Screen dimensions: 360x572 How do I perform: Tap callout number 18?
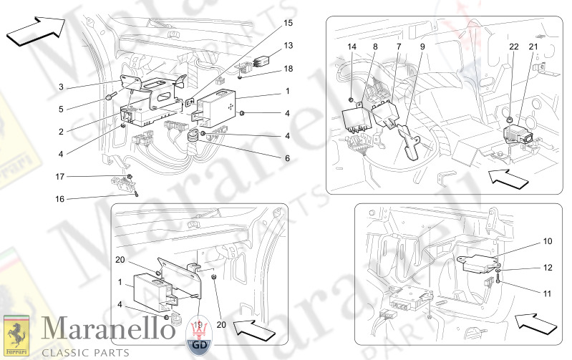pyautogui.click(x=62, y=87)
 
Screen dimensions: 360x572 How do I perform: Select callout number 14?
pyautogui.click(x=352, y=47)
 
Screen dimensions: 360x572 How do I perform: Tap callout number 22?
pyautogui.click(x=513, y=47)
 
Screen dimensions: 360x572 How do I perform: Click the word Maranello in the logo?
pyautogui.click(x=96, y=329)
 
